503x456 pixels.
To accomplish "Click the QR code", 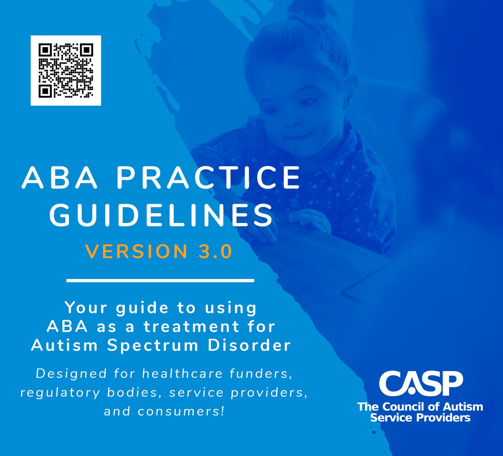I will click(66, 70).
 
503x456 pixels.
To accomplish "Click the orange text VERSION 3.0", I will click(158, 251).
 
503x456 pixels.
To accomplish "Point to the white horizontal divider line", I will click(160, 280).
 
